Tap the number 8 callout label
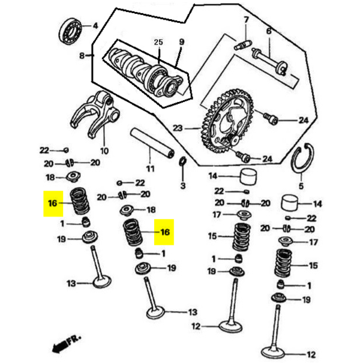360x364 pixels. pyautogui.click(x=82, y=56)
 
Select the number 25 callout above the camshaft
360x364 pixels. pyautogui.click(x=158, y=42)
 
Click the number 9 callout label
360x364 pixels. pyautogui.click(x=180, y=42)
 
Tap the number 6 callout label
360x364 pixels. pyautogui.click(x=268, y=31)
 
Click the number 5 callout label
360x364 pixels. pyautogui.click(x=301, y=186)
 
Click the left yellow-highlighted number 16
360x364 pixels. pyautogui.click(x=52, y=204)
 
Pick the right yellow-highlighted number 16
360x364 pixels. pyautogui.click(x=165, y=231)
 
